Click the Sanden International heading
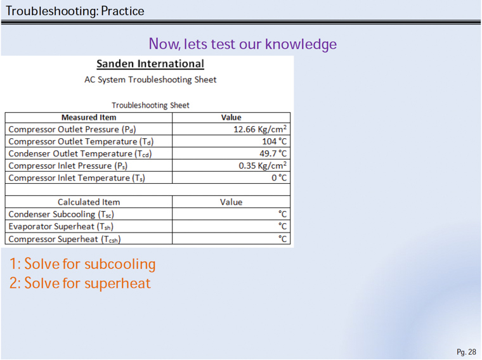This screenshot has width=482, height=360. tap(150, 63)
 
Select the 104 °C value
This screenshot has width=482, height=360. tap(274, 141)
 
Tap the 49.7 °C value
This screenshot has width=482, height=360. tap(273, 153)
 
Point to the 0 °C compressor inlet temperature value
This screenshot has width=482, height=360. tap(279, 178)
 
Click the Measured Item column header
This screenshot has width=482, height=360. tap(89, 117)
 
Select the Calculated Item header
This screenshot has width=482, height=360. tap(89, 202)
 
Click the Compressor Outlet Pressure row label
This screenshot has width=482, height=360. tap(72, 129)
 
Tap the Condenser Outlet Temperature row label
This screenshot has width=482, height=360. tap(80, 153)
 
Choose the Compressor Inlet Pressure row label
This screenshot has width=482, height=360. tap(68, 166)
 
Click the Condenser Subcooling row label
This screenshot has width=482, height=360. tap(61, 214)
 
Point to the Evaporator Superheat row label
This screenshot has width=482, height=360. tap(61, 226)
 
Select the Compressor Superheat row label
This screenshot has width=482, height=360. tap(65, 239)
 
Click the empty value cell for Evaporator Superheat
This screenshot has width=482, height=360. tap(231, 226)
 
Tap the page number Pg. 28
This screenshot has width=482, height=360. tap(466, 352)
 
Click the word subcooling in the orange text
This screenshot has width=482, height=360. tap(120, 264)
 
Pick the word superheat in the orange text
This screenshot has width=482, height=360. tap(118, 283)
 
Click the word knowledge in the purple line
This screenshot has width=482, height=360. tap(301, 44)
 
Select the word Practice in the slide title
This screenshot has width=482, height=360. tap(122, 11)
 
